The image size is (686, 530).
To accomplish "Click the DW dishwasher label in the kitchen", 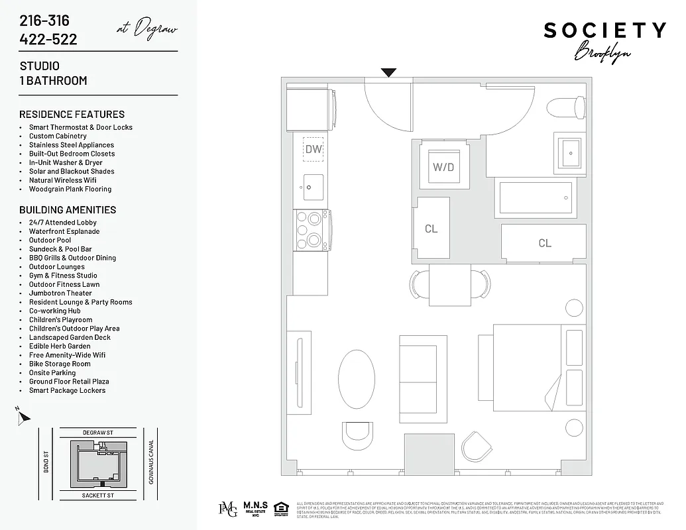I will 314,149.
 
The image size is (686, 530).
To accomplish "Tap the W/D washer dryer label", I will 443,166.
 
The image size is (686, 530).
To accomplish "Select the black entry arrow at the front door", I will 388,73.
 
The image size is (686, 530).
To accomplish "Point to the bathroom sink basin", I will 569,153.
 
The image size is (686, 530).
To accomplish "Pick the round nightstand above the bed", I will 573,308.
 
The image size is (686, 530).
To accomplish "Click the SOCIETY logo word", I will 604,30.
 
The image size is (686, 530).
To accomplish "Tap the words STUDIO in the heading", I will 39,66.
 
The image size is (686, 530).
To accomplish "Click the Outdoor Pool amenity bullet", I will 50,240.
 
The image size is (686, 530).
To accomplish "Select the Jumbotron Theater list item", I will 60,293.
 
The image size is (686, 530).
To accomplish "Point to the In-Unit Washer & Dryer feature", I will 66,162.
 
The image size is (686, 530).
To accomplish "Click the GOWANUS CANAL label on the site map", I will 152,462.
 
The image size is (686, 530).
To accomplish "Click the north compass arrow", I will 23,417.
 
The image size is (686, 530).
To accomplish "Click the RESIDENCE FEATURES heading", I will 72,114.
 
